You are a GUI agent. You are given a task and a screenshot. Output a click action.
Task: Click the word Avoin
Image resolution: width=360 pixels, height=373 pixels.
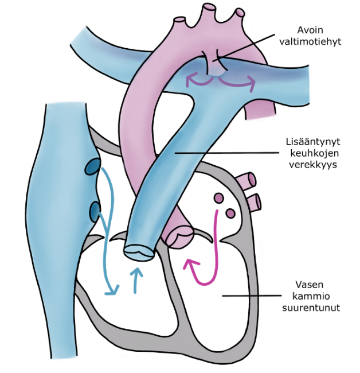point(310,29)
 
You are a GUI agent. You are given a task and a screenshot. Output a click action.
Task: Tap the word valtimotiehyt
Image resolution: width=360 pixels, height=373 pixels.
point(310,41)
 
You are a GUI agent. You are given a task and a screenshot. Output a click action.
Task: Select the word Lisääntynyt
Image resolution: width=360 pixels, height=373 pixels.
point(310,141)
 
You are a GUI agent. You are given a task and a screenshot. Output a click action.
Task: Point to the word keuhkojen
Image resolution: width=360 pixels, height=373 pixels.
point(309,153)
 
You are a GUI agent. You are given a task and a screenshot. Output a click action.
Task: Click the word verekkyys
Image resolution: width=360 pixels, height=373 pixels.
point(310,164)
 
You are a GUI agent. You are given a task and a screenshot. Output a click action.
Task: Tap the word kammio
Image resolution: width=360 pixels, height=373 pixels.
point(310,296)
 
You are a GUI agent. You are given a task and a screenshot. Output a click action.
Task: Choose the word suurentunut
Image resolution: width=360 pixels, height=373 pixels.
point(310,307)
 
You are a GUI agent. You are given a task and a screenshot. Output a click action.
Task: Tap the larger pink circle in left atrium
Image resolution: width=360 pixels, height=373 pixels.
point(218,199)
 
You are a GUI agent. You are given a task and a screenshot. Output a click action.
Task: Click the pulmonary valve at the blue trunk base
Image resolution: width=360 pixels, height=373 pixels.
point(139,251)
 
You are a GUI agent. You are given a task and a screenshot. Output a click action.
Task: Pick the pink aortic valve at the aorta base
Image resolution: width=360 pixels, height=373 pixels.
point(179,235)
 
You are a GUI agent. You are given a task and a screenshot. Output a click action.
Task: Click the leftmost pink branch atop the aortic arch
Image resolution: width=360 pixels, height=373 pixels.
point(181,21)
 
